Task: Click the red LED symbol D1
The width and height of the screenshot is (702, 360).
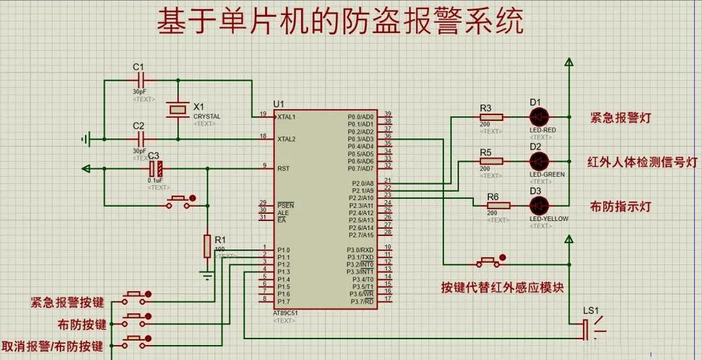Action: point(539,117)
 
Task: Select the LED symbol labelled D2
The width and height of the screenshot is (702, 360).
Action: point(539,161)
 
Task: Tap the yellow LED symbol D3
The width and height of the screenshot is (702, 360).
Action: point(539,204)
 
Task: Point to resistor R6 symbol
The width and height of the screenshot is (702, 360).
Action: point(497,205)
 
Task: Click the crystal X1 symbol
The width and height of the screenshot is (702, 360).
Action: point(178,109)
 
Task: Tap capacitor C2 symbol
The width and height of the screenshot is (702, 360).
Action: point(140,138)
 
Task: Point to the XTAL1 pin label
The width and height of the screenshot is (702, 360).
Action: point(287,116)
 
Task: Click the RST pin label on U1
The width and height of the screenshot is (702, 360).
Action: point(283,168)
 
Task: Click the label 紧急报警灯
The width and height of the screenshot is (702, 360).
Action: point(621,117)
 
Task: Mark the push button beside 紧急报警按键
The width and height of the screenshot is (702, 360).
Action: point(137,294)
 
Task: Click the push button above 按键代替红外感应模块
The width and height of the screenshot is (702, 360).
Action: point(490,259)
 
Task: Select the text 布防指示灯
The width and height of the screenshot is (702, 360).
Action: point(621,206)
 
